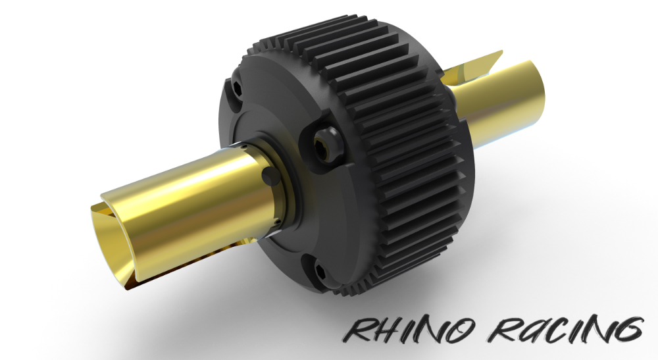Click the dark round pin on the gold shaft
point(269,176)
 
